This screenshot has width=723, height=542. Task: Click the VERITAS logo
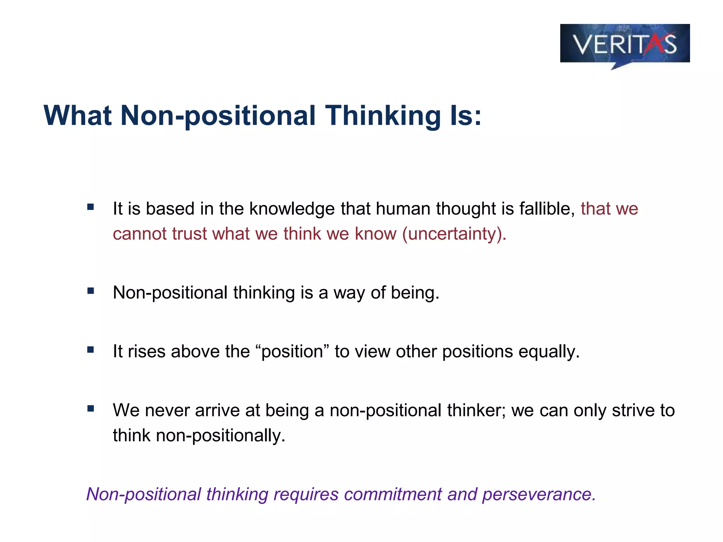pyautogui.click(x=625, y=44)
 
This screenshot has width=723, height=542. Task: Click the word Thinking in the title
pyautogui.click(x=383, y=116)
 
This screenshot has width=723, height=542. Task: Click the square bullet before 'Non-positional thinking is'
pyautogui.click(x=91, y=291)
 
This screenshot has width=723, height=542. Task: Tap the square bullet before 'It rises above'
pyautogui.click(x=91, y=350)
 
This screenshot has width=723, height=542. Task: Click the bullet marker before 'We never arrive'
pyautogui.click(x=91, y=409)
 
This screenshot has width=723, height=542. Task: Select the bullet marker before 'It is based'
pyautogui.click(x=91, y=207)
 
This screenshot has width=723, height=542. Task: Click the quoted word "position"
pyautogui.click(x=292, y=351)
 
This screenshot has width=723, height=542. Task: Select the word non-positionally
pyautogui.click(x=220, y=435)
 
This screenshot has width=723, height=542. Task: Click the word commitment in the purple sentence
pyautogui.click(x=393, y=494)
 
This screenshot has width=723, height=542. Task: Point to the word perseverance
pyautogui.click(x=539, y=494)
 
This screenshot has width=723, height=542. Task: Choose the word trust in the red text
pyautogui.click(x=189, y=234)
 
